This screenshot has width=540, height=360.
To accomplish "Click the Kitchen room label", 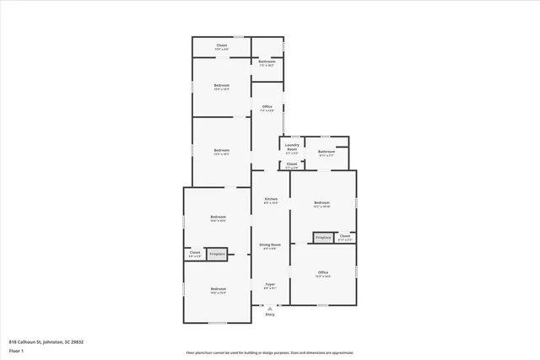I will click(x=271, y=199).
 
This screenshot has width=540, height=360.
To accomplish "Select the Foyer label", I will click(x=270, y=284).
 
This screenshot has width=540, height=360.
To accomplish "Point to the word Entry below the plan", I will click(x=270, y=314).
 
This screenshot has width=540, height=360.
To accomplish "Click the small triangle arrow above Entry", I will click(x=270, y=308).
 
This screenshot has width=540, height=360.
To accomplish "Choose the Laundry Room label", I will click(x=292, y=147).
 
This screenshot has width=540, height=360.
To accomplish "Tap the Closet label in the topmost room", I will click(x=222, y=45).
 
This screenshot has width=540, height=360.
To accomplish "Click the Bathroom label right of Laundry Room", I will click(x=327, y=152).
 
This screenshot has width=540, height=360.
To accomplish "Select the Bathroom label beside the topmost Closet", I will click(x=267, y=62).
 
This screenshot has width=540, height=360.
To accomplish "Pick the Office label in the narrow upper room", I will click(x=267, y=106).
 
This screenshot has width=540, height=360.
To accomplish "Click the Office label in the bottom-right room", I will click(x=323, y=272).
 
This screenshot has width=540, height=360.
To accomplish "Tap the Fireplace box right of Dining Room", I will click(x=323, y=238).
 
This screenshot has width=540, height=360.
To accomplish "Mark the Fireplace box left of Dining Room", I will click(x=217, y=253).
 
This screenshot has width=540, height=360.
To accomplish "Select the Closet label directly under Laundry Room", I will click(x=292, y=164).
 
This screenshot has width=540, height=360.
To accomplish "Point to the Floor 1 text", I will click(x=15, y=350).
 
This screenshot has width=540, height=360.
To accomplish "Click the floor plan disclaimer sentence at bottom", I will click(x=270, y=353).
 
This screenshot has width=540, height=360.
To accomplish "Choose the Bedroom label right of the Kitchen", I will click(x=322, y=202).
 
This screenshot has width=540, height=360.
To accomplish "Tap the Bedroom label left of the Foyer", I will click(x=218, y=289).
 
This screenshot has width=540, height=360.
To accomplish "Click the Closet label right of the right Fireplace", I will click(x=345, y=236).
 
